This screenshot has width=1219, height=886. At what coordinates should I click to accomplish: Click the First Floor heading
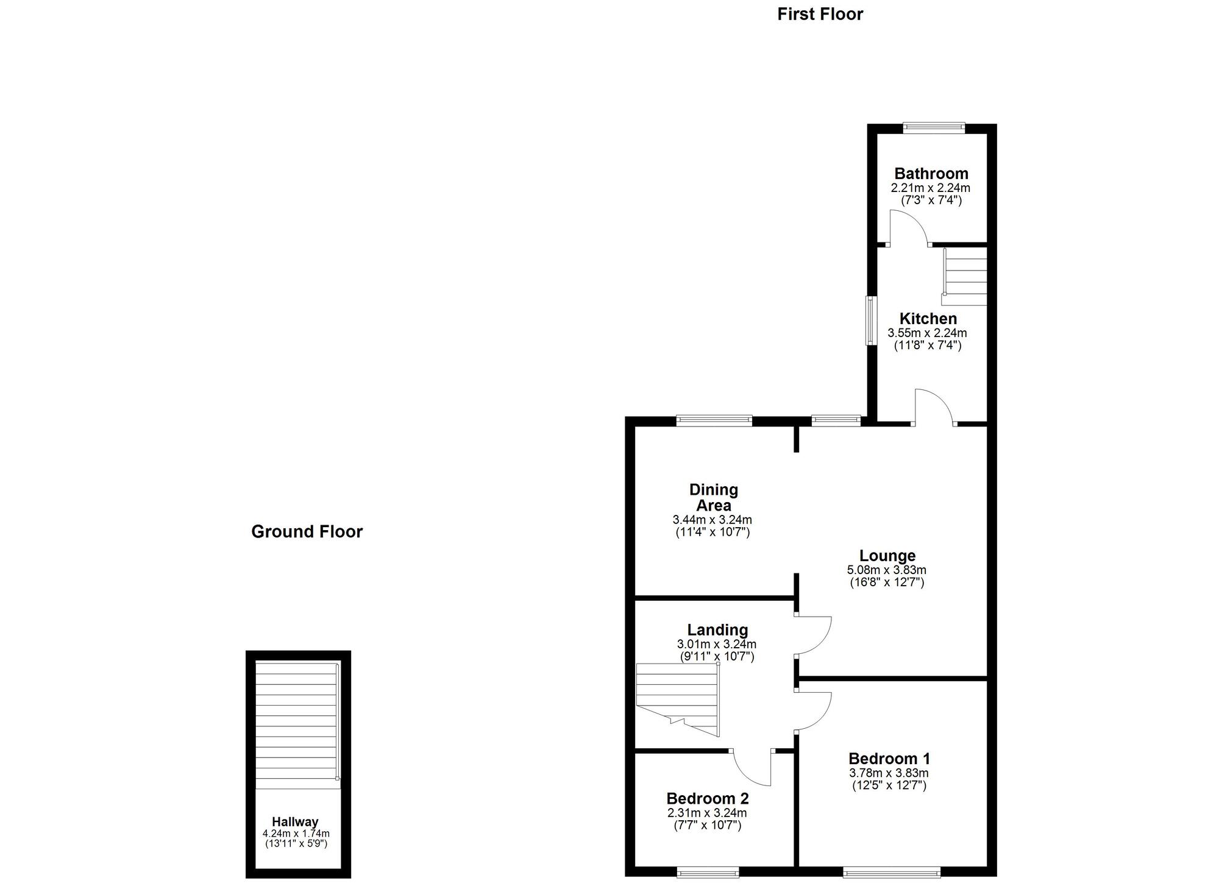click(x=820, y=14)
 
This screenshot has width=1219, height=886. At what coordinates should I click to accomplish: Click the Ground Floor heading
click(x=307, y=531)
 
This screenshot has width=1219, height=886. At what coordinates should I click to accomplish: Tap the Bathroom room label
click(x=931, y=174)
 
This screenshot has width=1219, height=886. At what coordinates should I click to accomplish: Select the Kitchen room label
click(x=928, y=319)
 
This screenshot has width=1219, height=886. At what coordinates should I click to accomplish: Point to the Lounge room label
click(x=887, y=556)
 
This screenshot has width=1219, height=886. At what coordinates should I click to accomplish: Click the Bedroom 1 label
click(x=889, y=759)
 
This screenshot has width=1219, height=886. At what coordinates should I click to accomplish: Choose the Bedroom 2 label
click(x=708, y=798)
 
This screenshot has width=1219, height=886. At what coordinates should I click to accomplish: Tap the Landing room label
click(x=717, y=630)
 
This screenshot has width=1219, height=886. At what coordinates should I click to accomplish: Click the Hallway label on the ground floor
click(x=295, y=821)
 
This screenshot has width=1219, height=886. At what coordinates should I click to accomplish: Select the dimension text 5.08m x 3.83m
click(x=887, y=570)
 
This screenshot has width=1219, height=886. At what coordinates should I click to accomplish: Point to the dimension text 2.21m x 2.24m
click(x=931, y=188)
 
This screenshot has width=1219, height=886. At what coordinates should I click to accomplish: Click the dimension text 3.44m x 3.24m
click(x=713, y=520)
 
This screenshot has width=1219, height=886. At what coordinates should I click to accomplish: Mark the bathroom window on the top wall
click(x=934, y=128)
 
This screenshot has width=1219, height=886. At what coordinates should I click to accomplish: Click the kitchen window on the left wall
click(x=872, y=321)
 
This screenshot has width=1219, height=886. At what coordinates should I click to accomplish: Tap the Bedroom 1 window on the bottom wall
click(x=892, y=873)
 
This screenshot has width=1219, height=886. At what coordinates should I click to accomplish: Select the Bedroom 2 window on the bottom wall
click(x=708, y=873)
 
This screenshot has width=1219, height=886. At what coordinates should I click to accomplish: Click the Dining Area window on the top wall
click(x=714, y=420)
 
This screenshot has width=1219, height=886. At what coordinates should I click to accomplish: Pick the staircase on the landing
click(x=678, y=700)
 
